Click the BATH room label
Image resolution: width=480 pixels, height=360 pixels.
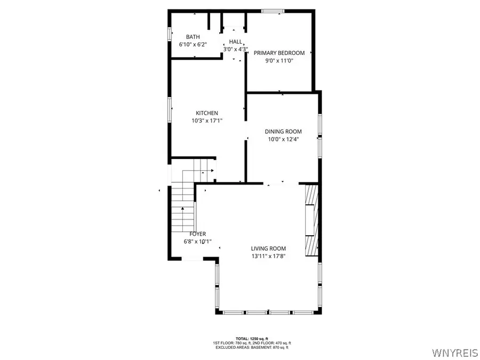point(193,37)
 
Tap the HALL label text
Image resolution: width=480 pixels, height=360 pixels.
point(235,42)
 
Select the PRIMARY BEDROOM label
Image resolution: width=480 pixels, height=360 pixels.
point(279,53)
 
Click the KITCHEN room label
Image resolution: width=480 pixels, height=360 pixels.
point(207,113)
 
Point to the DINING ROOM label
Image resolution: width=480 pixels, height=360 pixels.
point(283,132)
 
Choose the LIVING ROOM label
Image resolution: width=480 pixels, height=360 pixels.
point(268,249)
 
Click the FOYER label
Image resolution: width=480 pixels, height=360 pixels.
point(197,234)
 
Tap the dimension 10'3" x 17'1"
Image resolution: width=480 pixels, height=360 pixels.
point(207,121)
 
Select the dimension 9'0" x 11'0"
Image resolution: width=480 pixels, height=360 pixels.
point(279,61)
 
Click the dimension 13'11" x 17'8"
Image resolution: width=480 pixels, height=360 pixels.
point(268,257)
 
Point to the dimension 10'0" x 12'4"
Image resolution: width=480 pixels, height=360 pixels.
point(283,140)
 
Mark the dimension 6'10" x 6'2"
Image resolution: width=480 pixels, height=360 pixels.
point(193,45)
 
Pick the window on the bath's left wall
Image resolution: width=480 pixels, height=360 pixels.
point(170,33)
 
